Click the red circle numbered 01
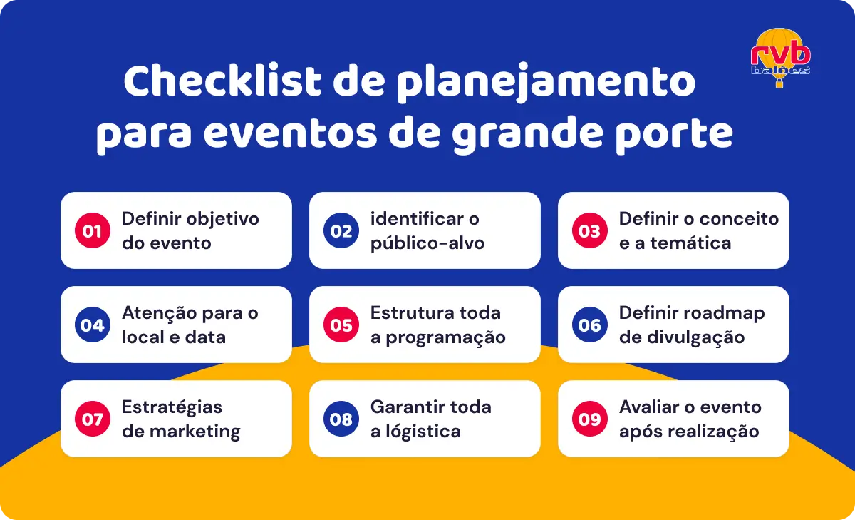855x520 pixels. tap(93, 230)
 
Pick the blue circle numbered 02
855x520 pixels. tap(341, 230)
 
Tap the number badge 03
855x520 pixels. tap(590, 230)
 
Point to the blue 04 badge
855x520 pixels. tap(93, 325)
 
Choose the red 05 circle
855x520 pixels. tap(341, 325)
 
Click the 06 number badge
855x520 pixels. tap(590, 325)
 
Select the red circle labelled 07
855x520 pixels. tap(93, 419)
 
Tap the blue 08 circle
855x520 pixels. tap(341, 419)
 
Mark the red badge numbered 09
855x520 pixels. tap(590, 419)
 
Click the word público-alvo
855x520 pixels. tap(427, 243)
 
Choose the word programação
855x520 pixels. tap(445, 337)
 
